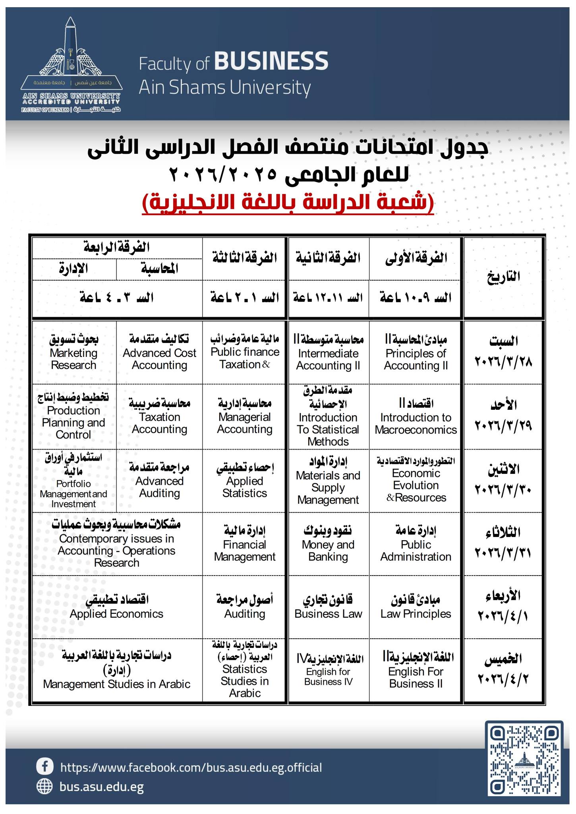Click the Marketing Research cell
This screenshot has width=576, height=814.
pyautogui.click(x=74, y=353)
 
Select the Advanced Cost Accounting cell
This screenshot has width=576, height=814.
pyautogui.click(x=159, y=353)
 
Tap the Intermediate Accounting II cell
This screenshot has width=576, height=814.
pyautogui.click(x=328, y=353)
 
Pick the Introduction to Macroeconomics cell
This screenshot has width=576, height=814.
pyautogui.click(x=416, y=417)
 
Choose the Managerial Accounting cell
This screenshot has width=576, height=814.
pyautogui.click(x=245, y=417)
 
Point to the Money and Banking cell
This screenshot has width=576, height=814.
pyautogui.click(x=328, y=544)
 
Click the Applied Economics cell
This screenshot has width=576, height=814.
pyautogui.click(x=117, y=607)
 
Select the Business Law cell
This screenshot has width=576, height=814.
pyautogui.click(x=328, y=607)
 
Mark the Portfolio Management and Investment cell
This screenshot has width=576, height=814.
pyautogui.click(x=74, y=481)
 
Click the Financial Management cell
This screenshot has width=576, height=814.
pyautogui.click(x=245, y=544)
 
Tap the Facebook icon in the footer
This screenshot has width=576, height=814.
pyautogui.click(x=45, y=766)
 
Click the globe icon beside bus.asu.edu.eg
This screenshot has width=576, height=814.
pyautogui.click(x=44, y=786)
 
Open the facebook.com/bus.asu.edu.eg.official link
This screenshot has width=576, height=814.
pyautogui.click(x=191, y=767)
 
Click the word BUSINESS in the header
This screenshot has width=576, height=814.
pyautogui.click(x=271, y=61)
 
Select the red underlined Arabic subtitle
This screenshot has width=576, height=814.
pyautogui.click(x=288, y=203)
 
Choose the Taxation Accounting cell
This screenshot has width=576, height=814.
pyautogui.click(x=159, y=417)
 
